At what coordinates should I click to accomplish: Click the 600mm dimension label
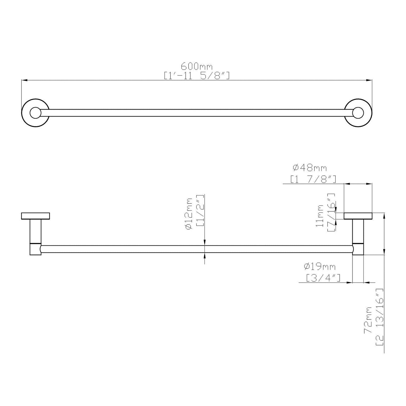[197, 67]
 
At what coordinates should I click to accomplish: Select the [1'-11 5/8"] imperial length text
[197, 76]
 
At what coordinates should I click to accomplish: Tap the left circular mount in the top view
[36, 113]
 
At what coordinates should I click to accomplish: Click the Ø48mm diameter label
[310, 167]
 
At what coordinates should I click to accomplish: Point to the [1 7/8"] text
[313, 179]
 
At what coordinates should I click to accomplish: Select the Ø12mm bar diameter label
[189, 214]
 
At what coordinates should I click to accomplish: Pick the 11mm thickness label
[319, 216]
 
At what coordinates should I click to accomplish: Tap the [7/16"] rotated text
[331, 212]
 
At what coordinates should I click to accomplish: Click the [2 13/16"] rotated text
[380, 317]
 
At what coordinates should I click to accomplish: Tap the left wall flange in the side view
[36, 216]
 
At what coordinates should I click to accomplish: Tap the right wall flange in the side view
[358, 216]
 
